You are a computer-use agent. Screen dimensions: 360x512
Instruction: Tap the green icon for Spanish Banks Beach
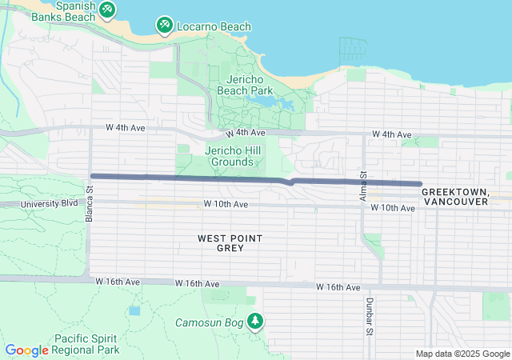pos(106,10)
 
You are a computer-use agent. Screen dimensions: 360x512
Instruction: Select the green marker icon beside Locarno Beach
pos(164,26)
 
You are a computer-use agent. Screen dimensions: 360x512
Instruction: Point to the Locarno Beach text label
pos(214,26)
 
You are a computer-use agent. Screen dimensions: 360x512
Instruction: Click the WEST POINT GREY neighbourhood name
pos(230,243)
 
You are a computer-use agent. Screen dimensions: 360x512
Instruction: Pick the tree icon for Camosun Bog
pos(255,322)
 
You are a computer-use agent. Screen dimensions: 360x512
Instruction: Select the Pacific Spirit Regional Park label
pos(86,344)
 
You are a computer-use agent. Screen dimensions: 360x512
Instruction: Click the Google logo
pos(27,350)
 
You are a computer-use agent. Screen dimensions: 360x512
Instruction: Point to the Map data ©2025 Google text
pos(462,354)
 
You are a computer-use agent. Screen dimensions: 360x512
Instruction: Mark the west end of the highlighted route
pos(93,176)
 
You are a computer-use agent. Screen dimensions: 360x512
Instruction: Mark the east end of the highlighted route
pos(419,183)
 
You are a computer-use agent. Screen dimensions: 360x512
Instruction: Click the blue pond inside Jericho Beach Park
pos(284,104)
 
